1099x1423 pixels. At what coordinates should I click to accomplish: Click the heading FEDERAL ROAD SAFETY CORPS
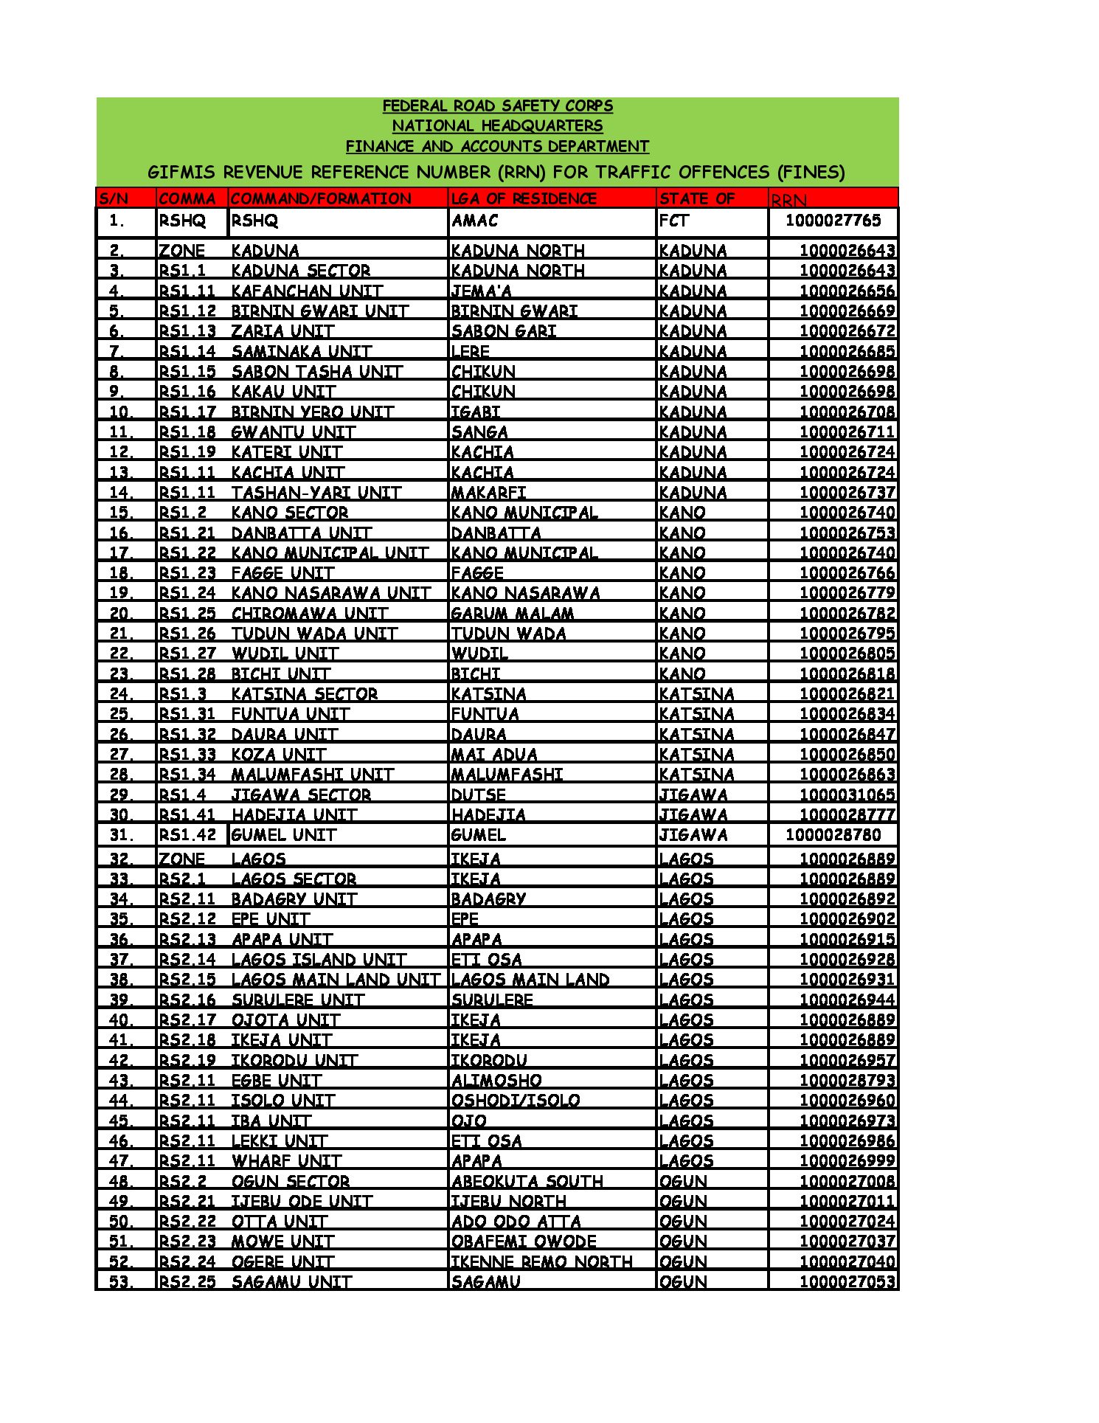(x=497, y=106)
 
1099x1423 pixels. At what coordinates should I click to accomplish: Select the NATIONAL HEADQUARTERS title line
(x=497, y=126)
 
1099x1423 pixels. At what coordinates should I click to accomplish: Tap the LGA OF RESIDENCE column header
(x=524, y=198)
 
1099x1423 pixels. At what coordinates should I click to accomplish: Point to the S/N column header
(x=114, y=198)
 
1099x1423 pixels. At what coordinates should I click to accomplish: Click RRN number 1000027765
(x=833, y=221)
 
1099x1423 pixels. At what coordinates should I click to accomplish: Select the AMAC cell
(x=475, y=221)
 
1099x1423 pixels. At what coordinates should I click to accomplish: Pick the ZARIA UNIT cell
(x=282, y=331)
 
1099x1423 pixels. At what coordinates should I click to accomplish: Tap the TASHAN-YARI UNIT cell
(x=316, y=493)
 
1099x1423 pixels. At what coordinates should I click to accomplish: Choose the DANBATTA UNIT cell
(x=301, y=533)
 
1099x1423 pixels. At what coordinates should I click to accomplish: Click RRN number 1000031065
(x=847, y=794)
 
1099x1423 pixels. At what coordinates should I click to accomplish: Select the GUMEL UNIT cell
(x=284, y=835)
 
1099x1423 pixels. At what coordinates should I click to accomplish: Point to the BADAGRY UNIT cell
(x=294, y=899)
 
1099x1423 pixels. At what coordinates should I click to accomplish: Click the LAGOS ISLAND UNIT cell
(x=319, y=960)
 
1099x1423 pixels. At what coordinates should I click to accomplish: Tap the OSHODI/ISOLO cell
(x=516, y=1101)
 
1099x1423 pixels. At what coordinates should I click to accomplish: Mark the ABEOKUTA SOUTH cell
(x=527, y=1181)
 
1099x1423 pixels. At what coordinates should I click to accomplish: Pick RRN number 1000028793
(x=847, y=1081)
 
